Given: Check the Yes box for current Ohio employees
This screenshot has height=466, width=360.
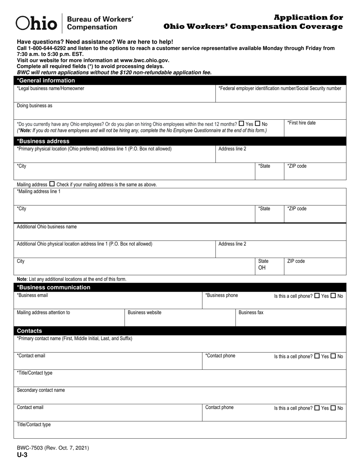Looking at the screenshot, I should tap(241, 124).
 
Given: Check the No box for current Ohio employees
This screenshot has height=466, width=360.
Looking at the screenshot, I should tap(258, 124).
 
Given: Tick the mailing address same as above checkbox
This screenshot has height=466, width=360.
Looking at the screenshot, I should tap(52, 184).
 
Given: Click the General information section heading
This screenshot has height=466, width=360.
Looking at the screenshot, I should tap(46, 80).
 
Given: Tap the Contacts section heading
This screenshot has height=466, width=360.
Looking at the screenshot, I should tap(29, 331).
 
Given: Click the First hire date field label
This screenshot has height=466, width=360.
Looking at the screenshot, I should tap(301, 123).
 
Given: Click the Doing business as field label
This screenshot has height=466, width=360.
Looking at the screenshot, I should tap(34, 106).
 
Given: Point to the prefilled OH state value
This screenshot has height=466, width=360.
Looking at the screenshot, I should tap(262, 268).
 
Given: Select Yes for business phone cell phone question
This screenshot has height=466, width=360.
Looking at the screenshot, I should tap(317, 296).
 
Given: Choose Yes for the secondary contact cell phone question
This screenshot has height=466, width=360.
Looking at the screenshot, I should tap(317, 408).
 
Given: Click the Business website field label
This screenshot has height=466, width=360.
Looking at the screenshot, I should tap(144, 313).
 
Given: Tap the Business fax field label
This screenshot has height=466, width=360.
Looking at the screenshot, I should tap(251, 313).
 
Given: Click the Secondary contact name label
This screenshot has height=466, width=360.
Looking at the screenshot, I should tap(41, 390).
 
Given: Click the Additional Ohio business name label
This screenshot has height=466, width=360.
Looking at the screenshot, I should tap(47, 227).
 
